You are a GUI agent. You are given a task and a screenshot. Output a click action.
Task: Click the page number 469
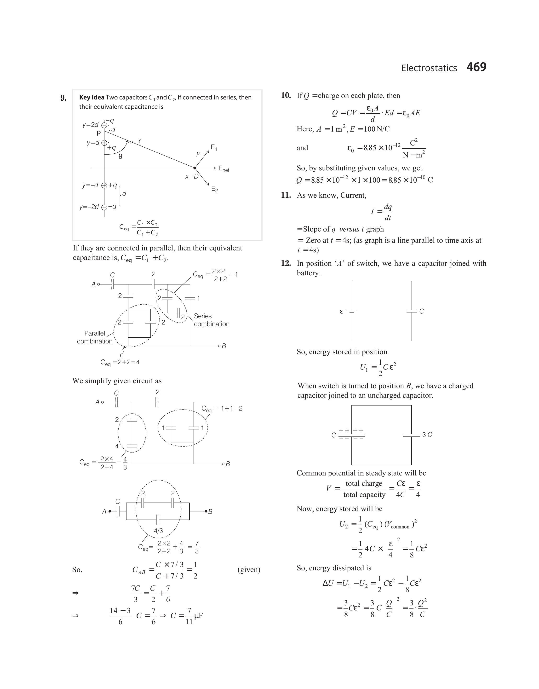click(476, 67)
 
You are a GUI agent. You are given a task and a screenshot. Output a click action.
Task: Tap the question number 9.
click(63, 98)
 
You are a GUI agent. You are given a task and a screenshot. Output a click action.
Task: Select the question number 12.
click(286, 263)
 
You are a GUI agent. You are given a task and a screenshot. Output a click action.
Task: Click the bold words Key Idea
click(92, 98)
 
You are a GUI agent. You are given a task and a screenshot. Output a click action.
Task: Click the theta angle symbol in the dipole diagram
click(120, 156)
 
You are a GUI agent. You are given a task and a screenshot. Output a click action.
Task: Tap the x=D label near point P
click(192, 176)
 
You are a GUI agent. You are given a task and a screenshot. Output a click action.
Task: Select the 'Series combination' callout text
click(212, 320)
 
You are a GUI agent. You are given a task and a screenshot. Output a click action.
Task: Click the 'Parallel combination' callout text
click(95, 337)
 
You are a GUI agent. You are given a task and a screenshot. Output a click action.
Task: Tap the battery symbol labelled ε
click(352, 311)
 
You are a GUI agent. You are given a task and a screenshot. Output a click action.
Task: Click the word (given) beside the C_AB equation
click(249, 570)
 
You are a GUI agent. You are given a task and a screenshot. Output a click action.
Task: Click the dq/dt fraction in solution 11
click(388, 212)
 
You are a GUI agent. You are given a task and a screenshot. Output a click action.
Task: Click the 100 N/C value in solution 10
click(376, 129)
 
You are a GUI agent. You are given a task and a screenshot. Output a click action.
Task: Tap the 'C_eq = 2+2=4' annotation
click(120, 362)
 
